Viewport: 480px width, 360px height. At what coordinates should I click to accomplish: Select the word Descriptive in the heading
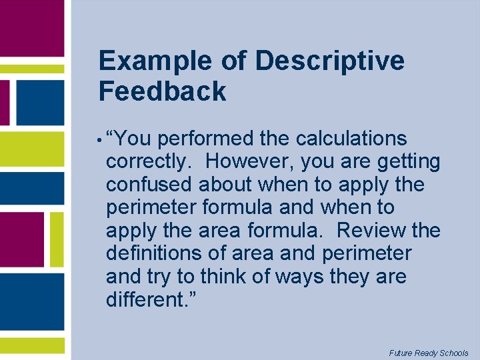[x=329, y=61]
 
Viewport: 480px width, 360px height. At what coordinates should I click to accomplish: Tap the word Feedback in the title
[x=162, y=91]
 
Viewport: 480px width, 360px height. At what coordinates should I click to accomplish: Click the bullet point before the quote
[x=99, y=141]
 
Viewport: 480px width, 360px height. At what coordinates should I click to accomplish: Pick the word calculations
[x=351, y=139]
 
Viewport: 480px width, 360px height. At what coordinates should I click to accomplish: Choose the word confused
[x=149, y=185]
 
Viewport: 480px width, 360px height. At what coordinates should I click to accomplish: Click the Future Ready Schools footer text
[x=429, y=353]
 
